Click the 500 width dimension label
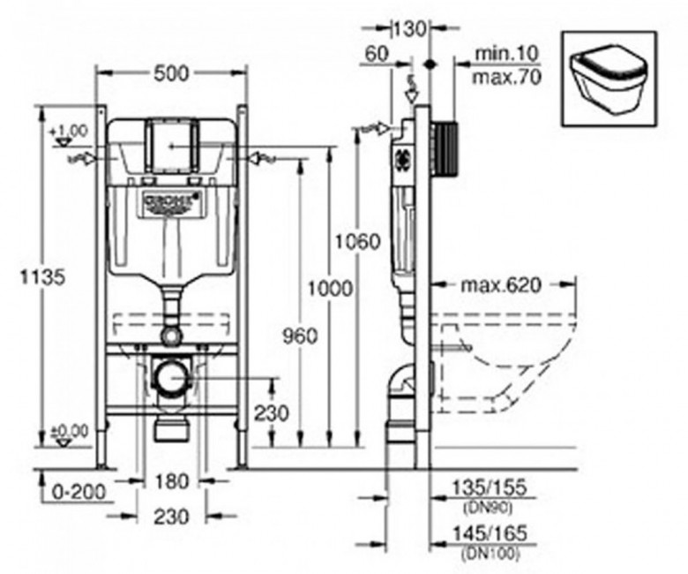[171, 74]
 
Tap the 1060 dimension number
[359, 241]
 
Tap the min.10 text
[505, 55]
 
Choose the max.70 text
[505, 77]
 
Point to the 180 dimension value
[171, 481]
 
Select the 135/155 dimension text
[489, 489]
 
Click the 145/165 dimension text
[489, 535]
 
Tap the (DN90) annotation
[486, 507]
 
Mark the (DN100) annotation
[489, 554]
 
